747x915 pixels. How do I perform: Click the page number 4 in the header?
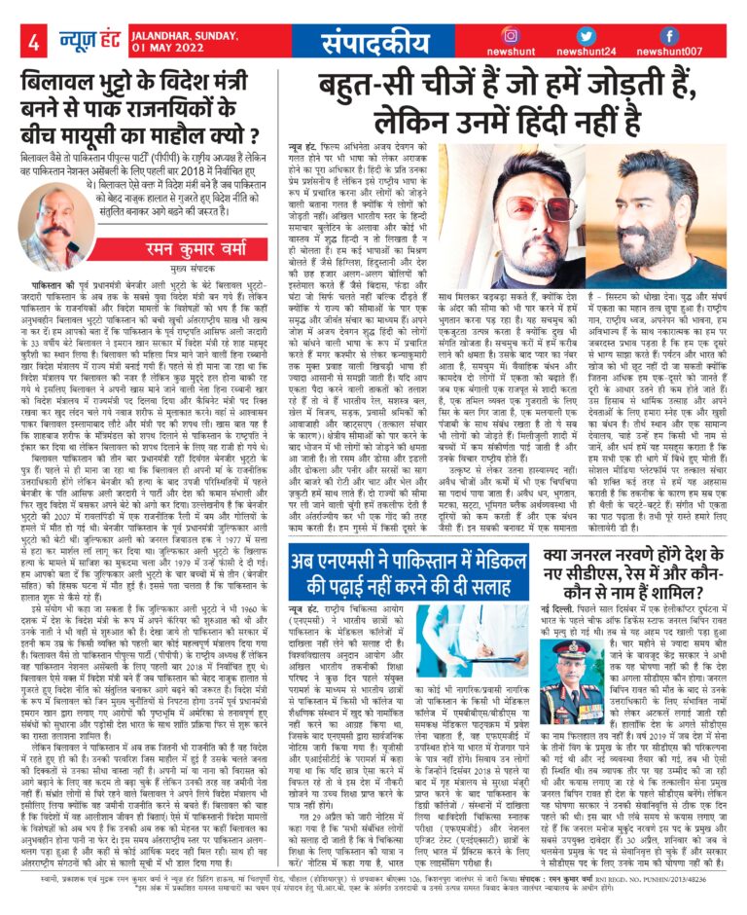tap(34, 42)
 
